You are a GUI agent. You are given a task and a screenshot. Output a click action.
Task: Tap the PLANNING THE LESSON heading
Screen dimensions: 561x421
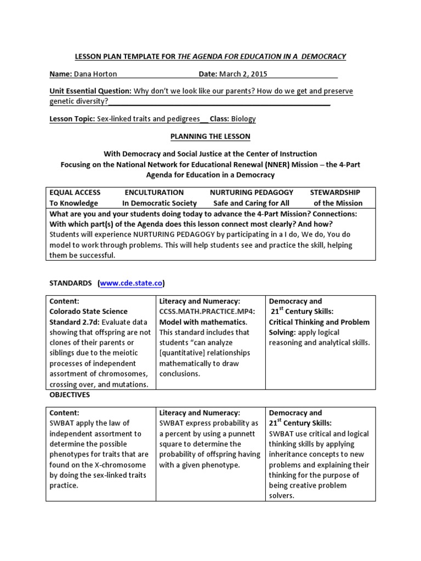pyautogui.click(x=210, y=136)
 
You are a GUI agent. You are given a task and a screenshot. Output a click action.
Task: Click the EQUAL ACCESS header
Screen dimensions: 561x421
pyautogui.click(x=75, y=192)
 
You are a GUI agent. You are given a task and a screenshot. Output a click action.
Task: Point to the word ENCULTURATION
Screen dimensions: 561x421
pyautogui.click(x=154, y=192)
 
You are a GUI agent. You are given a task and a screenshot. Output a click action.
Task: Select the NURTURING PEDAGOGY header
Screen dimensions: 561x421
pyautogui.click(x=252, y=192)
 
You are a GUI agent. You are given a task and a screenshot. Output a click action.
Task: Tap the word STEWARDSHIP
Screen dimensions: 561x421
pyautogui.click(x=335, y=192)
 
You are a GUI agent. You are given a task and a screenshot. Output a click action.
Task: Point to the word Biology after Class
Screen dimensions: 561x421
pyautogui.click(x=243, y=118)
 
